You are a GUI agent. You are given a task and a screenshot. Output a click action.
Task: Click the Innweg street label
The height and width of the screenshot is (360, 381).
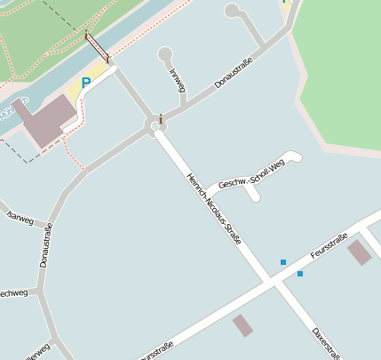(x=178, y=80)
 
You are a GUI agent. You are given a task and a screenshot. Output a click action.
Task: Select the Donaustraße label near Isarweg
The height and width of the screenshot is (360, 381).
(x=46, y=246)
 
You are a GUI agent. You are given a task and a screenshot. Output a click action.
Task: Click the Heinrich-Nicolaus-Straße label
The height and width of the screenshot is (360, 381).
(x=214, y=208)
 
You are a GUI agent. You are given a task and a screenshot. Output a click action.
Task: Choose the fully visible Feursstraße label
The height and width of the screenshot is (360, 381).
(x=328, y=248)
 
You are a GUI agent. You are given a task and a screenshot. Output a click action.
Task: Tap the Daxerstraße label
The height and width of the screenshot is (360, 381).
(x=326, y=344)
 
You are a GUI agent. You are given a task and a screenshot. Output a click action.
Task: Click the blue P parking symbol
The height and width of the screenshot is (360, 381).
(x=86, y=83)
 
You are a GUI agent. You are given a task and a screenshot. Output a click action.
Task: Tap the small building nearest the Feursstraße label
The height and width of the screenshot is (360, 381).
(x=359, y=252)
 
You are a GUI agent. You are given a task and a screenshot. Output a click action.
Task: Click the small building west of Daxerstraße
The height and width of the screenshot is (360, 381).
(x=242, y=325)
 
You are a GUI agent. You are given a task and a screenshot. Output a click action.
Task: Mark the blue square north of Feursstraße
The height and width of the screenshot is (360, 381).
(x=283, y=262)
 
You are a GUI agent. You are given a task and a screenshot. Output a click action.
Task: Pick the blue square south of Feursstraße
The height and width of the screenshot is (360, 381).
(x=300, y=274)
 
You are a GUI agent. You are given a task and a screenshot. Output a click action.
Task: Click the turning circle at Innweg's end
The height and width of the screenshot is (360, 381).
(x=164, y=54)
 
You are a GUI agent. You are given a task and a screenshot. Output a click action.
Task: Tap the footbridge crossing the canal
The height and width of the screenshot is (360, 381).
(x=97, y=49)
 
